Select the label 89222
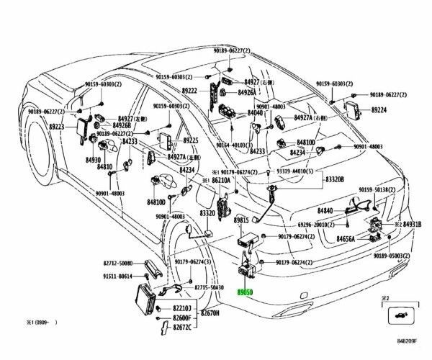point(190,91)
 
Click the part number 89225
point(190,140)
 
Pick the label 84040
point(256,113)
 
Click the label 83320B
point(334,179)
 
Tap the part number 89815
point(240,220)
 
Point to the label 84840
point(327,210)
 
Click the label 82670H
point(210,313)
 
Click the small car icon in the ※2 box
point(399,315)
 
